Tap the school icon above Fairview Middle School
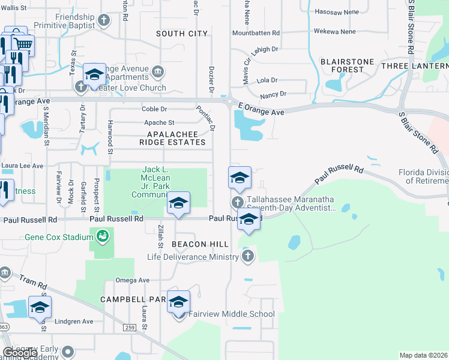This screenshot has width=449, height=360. pyautogui.click(x=178, y=302)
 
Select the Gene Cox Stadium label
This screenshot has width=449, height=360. pyautogui.click(x=59, y=237)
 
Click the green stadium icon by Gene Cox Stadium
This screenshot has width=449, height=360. pyautogui.click(x=103, y=236)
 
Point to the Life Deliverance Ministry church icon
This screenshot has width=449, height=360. pyautogui.click(x=247, y=257)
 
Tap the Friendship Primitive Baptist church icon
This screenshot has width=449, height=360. pyautogui.click(x=104, y=21)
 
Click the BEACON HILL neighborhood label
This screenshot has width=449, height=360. pyautogui.click(x=200, y=244)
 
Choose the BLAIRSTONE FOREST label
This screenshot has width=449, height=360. pyautogui.click(x=347, y=65)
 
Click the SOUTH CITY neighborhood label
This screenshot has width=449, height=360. pyautogui.click(x=182, y=34)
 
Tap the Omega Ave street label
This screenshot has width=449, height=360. pyautogui.click(x=132, y=280)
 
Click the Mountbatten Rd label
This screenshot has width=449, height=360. pyautogui.click(x=256, y=33)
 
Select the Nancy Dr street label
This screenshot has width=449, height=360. pyautogui.click(x=274, y=94)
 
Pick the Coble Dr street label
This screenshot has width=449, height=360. pyautogui.click(x=154, y=109)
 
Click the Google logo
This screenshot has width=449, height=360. pyautogui.click(x=20, y=353)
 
